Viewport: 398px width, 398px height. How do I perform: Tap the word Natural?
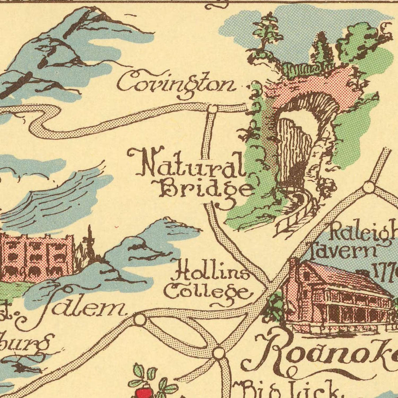click(x=186, y=165)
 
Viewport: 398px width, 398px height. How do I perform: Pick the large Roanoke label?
click(x=323, y=352)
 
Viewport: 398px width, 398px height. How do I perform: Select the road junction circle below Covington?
click(x=213, y=108)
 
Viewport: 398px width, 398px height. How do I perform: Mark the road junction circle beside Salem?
click(x=140, y=319)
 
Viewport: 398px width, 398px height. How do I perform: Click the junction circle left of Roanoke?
click(x=218, y=353)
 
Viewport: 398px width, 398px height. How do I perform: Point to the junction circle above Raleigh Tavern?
click(x=368, y=187)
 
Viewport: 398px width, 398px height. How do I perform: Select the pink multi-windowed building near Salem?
click(x=35, y=256)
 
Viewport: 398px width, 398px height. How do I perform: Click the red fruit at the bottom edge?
click(x=144, y=392)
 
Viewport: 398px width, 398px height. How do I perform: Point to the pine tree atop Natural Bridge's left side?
click(x=266, y=31)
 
